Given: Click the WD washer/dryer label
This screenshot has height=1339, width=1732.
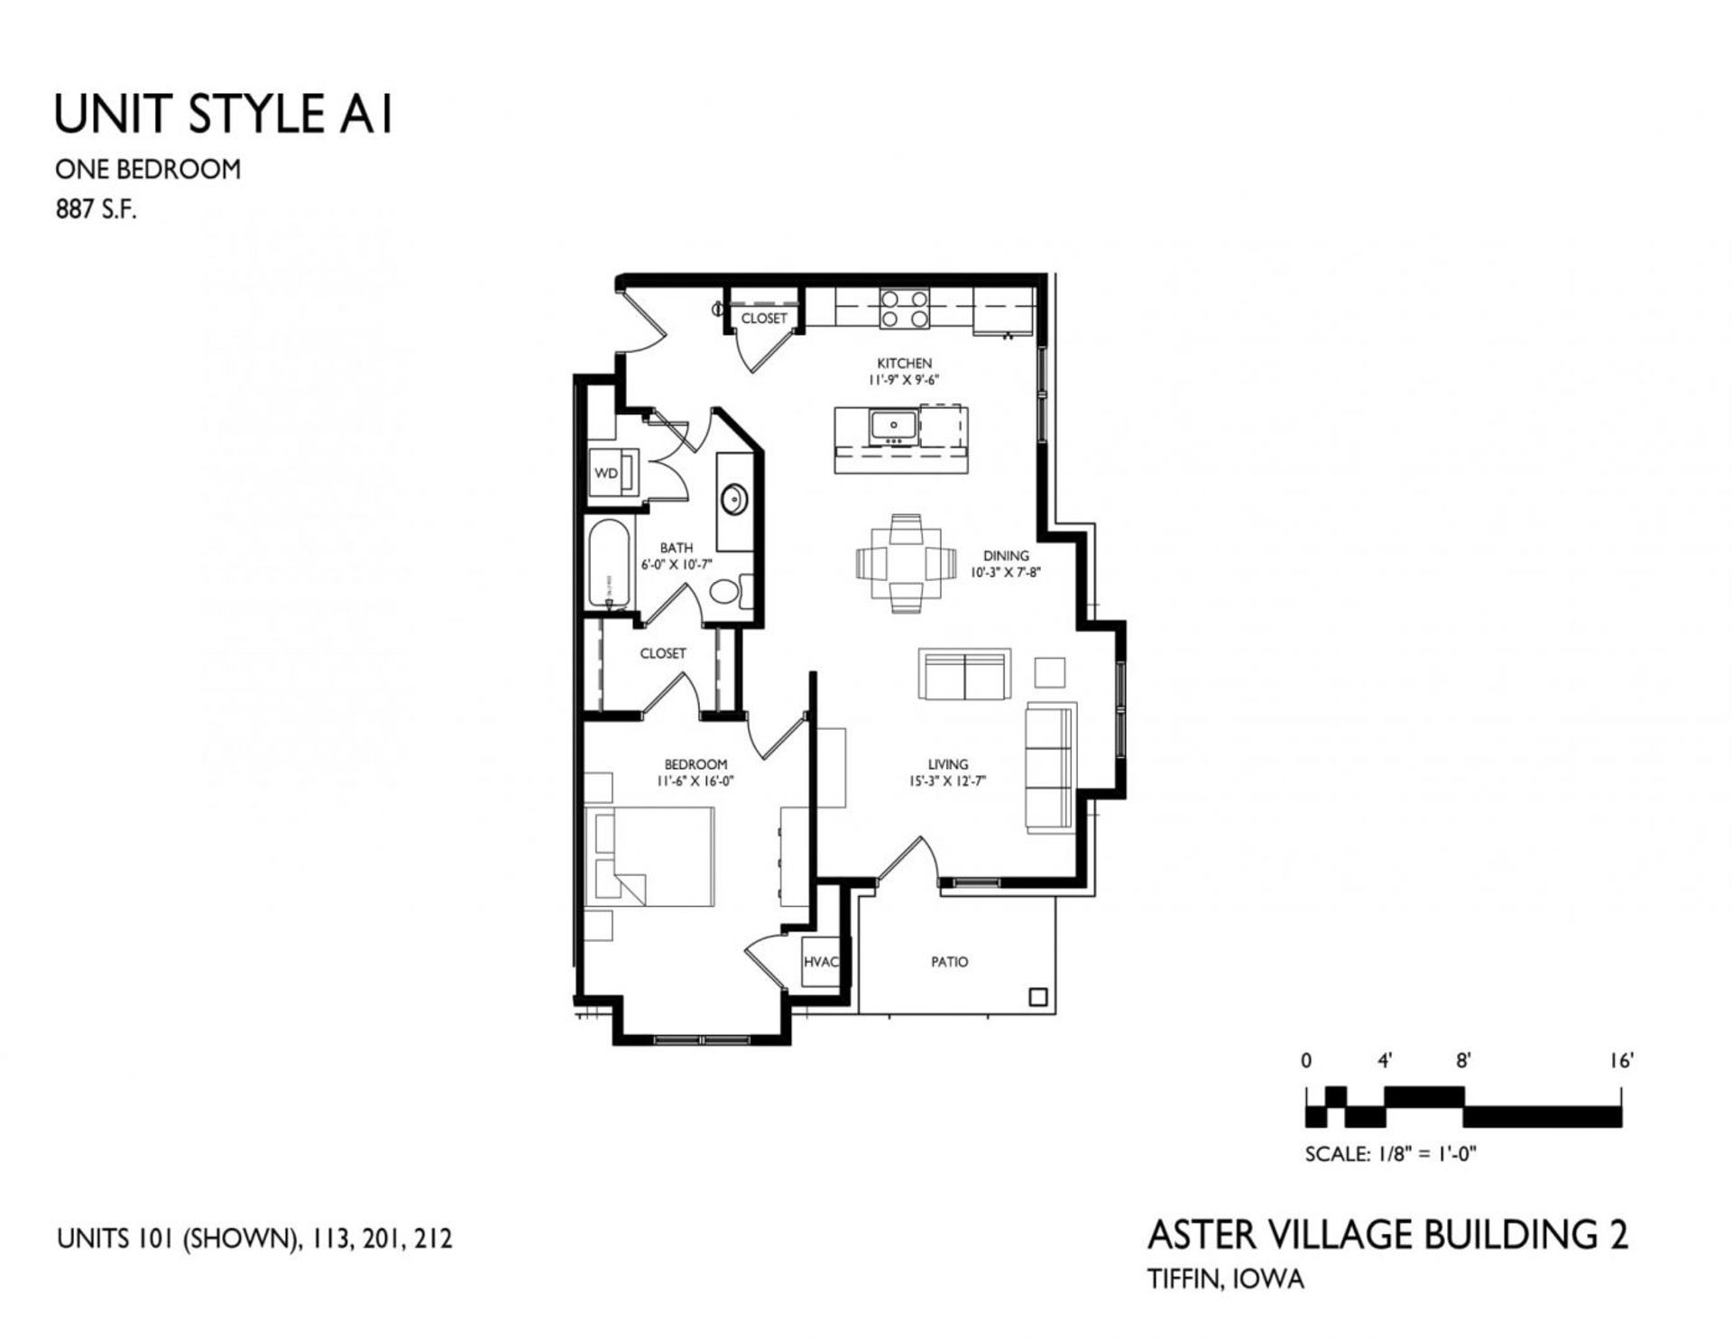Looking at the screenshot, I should [x=606, y=473].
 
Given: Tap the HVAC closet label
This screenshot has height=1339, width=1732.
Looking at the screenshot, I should [x=820, y=962].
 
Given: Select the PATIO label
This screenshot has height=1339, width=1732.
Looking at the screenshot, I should [x=949, y=962].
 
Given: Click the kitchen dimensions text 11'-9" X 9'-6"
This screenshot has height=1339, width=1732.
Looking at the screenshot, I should [x=904, y=380].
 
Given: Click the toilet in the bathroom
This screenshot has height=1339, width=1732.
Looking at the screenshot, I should [x=727, y=592].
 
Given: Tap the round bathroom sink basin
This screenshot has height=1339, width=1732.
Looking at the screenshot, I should [x=734, y=497].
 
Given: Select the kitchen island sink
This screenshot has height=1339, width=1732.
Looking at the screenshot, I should [x=893, y=425].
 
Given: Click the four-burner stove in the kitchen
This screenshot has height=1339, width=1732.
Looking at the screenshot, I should [x=904, y=308].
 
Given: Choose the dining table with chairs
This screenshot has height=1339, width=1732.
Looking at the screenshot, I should [x=905, y=563].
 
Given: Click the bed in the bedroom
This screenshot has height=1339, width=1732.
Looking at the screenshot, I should [x=649, y=856].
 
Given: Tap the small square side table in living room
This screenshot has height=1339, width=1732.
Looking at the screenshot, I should [x=1049, y=672].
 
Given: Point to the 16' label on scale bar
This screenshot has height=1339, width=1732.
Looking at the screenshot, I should [x=1622, y=1061].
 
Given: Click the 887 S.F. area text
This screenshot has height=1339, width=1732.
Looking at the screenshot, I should [x=97, y=213].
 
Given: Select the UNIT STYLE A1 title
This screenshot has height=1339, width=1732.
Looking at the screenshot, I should [x=224, y=115].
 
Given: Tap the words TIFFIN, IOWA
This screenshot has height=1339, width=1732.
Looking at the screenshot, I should [x=1225, y=1279].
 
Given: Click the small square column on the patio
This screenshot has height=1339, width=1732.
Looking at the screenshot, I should [x=1038, y=997].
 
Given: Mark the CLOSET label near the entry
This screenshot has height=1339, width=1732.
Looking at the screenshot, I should [x=763, y=319].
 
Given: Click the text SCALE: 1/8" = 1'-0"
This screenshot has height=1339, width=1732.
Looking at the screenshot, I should [x=1390, y=1153].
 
